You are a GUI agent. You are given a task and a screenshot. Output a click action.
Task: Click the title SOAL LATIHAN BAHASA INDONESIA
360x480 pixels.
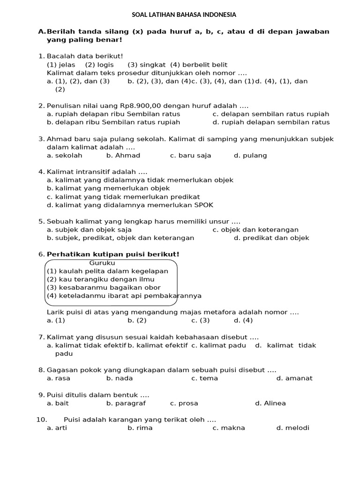tap(184, 15)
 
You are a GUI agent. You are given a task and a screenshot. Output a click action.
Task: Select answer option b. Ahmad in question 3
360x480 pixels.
tap(123, 155)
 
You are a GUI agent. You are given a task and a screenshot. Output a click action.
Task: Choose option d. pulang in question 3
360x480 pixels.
tap(250, 155)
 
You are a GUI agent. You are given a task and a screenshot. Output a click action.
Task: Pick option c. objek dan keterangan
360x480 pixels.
tap(255, 230)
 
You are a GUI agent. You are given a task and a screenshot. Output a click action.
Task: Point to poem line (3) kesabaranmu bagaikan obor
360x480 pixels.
tap(104, 287)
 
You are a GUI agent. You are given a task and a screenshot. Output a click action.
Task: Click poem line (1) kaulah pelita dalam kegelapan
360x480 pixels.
tap(107, 271)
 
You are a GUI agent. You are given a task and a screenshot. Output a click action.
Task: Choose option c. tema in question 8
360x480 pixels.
tap(205, 378)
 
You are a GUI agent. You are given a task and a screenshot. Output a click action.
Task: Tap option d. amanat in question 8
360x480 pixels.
tap(294, 378)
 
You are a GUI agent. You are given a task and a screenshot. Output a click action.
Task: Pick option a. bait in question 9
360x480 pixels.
tap(58, 403)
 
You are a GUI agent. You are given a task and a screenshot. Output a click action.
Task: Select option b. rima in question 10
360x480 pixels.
tap(140, 428)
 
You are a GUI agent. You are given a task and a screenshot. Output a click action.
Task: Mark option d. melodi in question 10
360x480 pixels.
tap(293, 428)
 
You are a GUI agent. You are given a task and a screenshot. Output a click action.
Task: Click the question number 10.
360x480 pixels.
tap(41, 420)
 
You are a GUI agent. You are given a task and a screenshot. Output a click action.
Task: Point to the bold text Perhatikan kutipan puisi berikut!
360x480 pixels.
tap(113, 255)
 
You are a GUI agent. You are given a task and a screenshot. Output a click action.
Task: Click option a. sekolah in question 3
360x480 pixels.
tap(65, 155)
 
